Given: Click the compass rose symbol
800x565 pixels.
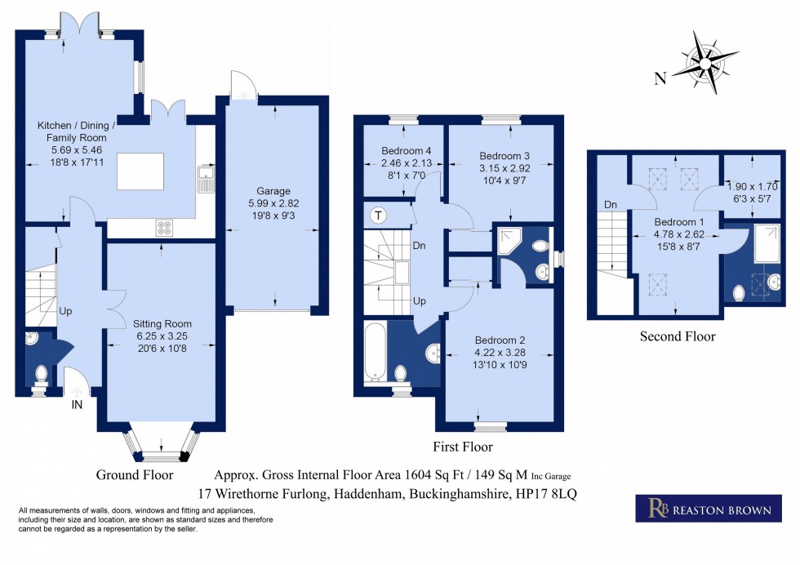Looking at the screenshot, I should [704, 61].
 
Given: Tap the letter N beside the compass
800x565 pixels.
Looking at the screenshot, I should [660, 78].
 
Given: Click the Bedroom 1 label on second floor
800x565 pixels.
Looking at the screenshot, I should [677, 221].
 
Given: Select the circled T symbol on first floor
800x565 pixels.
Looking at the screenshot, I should [378, 216].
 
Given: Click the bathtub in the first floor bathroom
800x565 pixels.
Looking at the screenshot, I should [376, 351].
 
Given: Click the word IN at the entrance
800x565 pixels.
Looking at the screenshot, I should [77, 404].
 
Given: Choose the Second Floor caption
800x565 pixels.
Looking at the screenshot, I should [677, 336].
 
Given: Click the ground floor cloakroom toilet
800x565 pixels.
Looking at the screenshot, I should [40, 375].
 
